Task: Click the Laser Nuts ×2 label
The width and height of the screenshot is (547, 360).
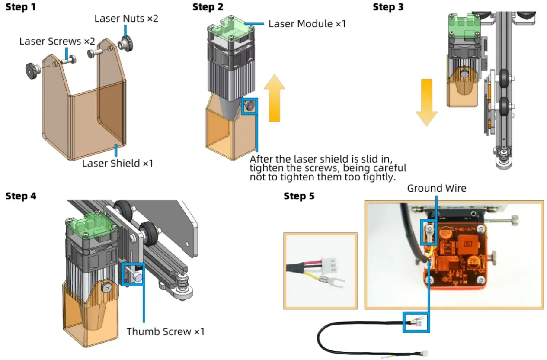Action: [126, 19]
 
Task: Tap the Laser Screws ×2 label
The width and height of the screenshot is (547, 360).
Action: [57, 42]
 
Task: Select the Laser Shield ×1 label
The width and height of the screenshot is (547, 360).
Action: [118, 163]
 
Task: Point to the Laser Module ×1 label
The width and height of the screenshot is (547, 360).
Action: [307, 23]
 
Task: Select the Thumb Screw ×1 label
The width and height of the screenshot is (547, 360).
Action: [165, 332]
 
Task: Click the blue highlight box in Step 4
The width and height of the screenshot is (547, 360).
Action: [133, 273]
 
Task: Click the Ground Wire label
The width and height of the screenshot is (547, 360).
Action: [436, 188]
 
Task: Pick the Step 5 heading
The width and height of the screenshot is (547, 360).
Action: [299, 196]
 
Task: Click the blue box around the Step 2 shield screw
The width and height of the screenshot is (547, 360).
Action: [249, 106]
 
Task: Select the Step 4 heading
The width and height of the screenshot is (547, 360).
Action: [21, 196]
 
